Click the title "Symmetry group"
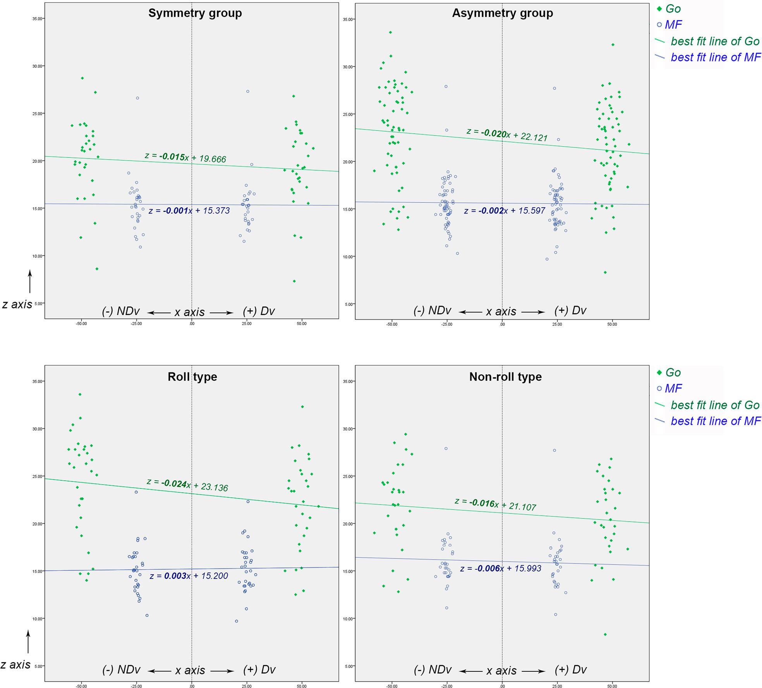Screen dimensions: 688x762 tap(195, 13)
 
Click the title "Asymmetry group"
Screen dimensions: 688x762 tap(502, 13)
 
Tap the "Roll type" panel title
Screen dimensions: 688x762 tap(192, 377)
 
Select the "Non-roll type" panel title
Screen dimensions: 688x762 tap(505, 377)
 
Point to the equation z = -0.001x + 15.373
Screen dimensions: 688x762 tap(189, 211)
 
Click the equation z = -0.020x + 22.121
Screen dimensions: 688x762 tap(507, 135)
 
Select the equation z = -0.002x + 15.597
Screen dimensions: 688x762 tap(505, 211)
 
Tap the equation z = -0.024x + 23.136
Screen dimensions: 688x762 tap(187, 485)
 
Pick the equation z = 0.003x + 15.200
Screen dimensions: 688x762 tap(189, 576)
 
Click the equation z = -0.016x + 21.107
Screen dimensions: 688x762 tap(495, 505)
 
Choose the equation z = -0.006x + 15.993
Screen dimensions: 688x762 tap(501, 568)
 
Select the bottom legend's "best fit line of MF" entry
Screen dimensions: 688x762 tap(716, 421)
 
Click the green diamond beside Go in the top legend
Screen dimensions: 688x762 tap(659, 9)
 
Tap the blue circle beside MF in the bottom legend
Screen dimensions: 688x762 tap(659, 388)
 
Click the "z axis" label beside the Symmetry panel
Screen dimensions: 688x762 tap(17, 304)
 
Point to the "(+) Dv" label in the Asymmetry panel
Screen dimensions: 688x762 tap(570, 311)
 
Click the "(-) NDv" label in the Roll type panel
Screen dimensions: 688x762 tap(121, 670)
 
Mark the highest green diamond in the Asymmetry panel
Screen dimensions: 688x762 tap(390, 32)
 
